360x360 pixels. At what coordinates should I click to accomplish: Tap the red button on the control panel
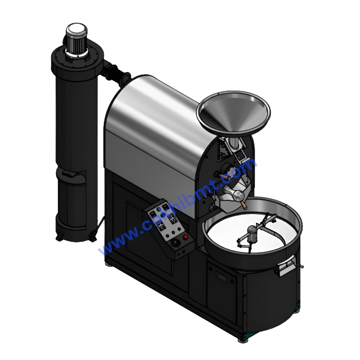pos(185,237)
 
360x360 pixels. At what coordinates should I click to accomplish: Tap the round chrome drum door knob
pos(238,196)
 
